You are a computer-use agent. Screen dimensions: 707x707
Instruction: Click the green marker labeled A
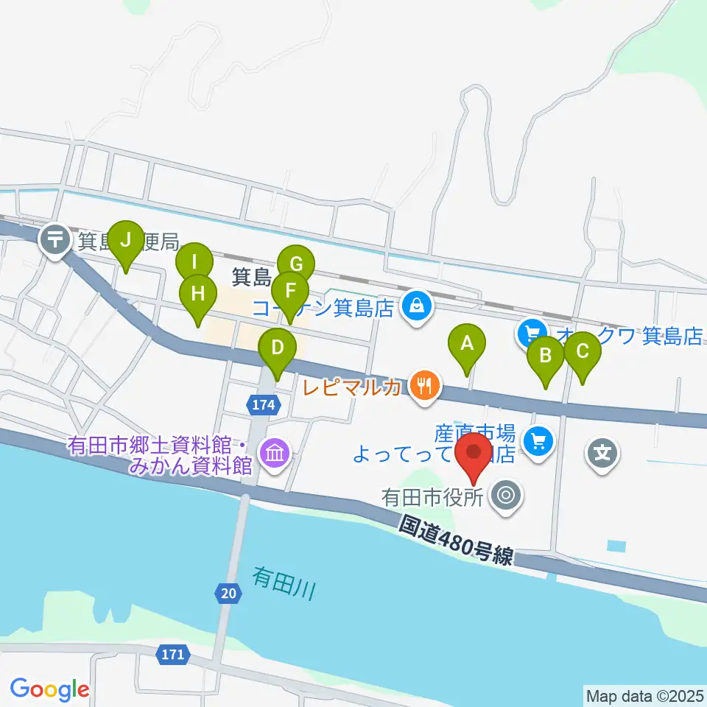(466, 344)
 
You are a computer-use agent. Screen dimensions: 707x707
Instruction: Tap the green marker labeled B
(546, 356)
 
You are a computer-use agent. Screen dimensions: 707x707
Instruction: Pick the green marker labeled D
(277, 348)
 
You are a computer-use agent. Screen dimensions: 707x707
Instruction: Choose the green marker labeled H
(197, 294)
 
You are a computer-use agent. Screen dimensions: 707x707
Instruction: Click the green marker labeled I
(194, 263)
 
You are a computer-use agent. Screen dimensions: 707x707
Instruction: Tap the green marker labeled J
(126, 241)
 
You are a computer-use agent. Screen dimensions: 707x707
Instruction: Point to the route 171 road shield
(173, 653)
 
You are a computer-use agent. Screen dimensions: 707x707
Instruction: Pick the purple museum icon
(274, 451)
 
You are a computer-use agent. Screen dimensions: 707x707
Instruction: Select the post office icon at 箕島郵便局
(56, 239)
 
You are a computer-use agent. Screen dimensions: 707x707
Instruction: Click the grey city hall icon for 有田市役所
(505, 495)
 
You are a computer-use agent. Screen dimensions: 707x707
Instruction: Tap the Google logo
(49, 689)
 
